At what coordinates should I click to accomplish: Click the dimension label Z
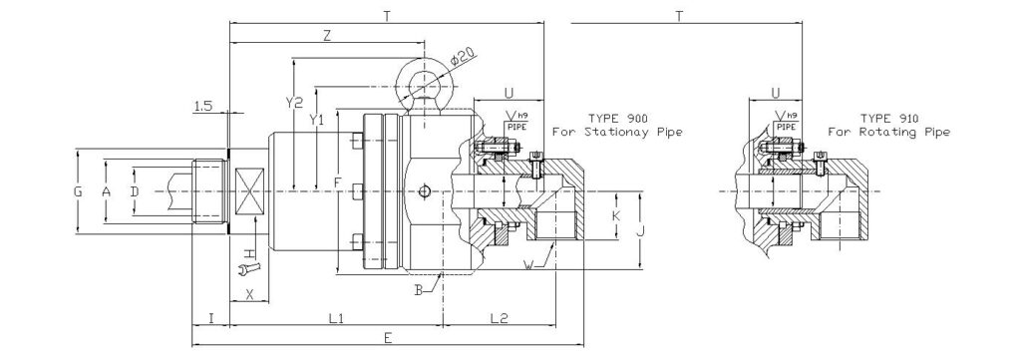pyautogui.click(x=328, y=36)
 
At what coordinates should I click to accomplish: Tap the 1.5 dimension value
pyautogui.click(x=203, y=105)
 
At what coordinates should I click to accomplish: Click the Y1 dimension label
pyautogui.click(x=316, y=120)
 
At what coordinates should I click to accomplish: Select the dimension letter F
pyautogui.click(x=338, y=184)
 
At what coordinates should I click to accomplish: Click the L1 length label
pyautogui.click(x=336, y=318)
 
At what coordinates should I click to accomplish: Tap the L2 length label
pyautogui.click(x=500, y=318)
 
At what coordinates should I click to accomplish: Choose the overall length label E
pyautogui.click(x=388, y=339)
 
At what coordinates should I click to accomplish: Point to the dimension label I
pyautogui.click(x=210, y=318)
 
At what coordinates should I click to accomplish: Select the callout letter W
pyautogui.click(x=527, y=265)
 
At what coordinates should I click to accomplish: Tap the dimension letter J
pyautogui.click(x=641, y=231)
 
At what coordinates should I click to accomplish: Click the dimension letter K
pyautogui.click(x=616, y=215)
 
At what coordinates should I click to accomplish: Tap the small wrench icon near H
pyautogui.click(x=249, y=265)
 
